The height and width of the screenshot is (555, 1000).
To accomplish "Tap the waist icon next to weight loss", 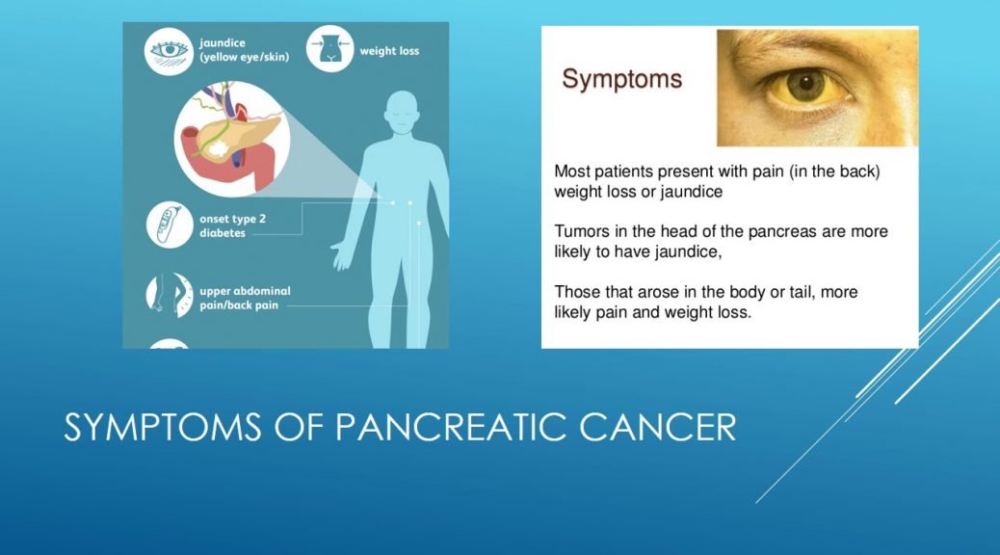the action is coord(329,48).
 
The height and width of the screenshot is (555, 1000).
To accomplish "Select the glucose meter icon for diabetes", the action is coord(170,225).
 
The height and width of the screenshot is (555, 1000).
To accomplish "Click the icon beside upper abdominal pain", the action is coord(170,296).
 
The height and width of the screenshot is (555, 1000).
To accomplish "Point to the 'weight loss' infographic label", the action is coord(389,51).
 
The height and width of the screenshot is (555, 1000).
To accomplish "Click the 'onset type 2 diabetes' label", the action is coord(232,225).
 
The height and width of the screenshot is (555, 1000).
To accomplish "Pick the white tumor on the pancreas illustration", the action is coord(218,150).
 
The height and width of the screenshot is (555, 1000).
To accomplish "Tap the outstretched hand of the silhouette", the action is coord(341,255).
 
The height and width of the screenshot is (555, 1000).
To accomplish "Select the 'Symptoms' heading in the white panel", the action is coord(621,79).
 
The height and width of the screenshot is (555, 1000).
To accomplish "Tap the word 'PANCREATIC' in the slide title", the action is coord(451,427).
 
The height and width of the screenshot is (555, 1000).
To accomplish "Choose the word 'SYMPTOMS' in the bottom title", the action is coord(163,427).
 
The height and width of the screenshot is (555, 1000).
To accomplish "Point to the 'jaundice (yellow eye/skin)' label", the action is coord(245,50).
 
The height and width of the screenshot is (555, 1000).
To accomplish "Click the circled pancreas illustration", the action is coord(232,139).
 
